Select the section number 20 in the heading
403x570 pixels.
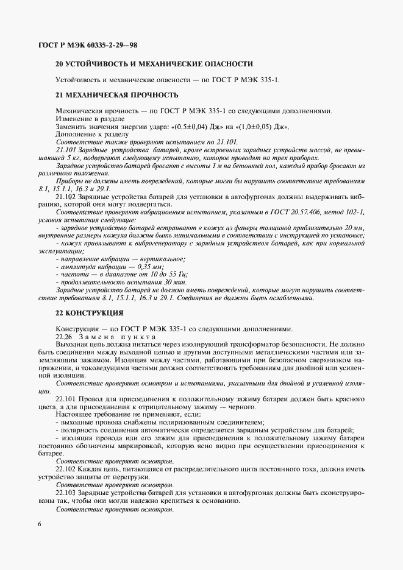(x=59, y=63)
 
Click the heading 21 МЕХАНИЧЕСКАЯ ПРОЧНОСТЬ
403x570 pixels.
(x=116, y=95)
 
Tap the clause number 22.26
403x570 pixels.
(x=64, y=337)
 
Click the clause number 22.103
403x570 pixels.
(x=66, y=492)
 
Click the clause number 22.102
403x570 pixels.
(x=66, y=468)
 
